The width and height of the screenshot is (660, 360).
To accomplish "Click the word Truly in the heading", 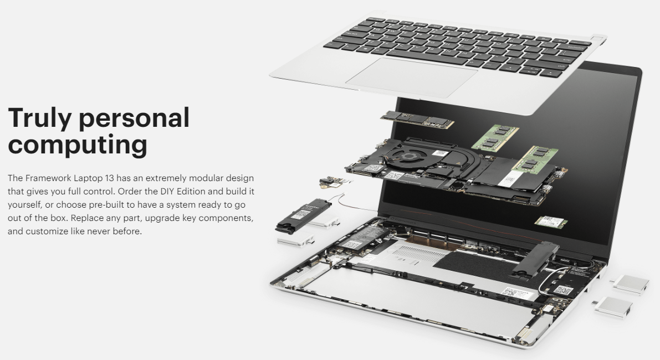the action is click(39, 118).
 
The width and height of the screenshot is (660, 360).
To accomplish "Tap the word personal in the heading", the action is click(134, 118).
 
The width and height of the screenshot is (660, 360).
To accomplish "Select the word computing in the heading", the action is click(78, 145).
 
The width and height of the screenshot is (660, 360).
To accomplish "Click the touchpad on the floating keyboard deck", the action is click(412, 78).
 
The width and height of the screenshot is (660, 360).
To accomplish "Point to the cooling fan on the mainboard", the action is click(407, 157).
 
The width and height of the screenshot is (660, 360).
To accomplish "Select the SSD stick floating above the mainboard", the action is click(417, 120).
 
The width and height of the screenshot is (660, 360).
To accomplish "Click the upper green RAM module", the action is click(495, 137).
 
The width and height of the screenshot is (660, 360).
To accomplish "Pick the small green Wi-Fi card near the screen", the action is click(551, 222).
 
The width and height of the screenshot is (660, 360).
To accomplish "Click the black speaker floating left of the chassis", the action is click(303, 216).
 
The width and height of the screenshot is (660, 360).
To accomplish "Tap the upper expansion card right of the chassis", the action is click(630, 285).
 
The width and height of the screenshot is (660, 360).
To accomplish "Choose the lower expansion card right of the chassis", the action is click(613, 307).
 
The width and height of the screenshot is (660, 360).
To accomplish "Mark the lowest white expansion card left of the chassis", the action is click(296, 240).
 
